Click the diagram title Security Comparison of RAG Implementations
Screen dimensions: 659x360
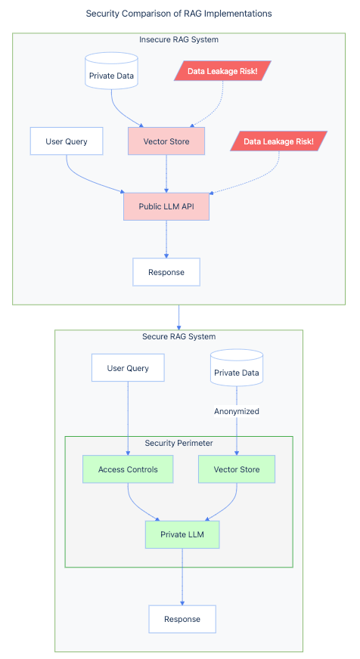[179, 14]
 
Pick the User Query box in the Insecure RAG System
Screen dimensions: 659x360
[67, 141]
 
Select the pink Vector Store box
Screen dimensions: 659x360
[166, 141]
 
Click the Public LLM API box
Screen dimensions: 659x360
[166, 206]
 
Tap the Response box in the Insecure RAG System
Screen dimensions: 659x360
[166, 272]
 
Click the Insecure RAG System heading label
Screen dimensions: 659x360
[179, 39]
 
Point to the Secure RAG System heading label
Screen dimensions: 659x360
[179, 336]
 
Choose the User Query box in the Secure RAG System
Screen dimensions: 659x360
[128, 368]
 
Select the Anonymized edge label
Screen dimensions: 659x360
[237, 411]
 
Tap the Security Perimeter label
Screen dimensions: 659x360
[179, 443]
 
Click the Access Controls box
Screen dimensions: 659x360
[128, 469]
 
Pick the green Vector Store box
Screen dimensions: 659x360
[237, 469]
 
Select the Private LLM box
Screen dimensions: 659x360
[182, 534]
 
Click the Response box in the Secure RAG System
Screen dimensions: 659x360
[182, 619]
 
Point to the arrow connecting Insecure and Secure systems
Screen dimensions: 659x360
[179, 317]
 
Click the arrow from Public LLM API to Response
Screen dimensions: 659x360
[166, 240]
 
